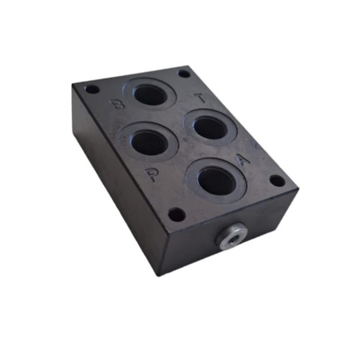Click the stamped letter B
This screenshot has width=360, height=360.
click(117, 104)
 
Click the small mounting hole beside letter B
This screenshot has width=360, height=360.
click(92, 89)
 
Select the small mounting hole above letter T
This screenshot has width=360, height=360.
click(184, 74)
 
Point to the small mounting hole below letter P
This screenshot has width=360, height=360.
click(176, 214)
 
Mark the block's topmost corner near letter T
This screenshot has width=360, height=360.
click(190, 66)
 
